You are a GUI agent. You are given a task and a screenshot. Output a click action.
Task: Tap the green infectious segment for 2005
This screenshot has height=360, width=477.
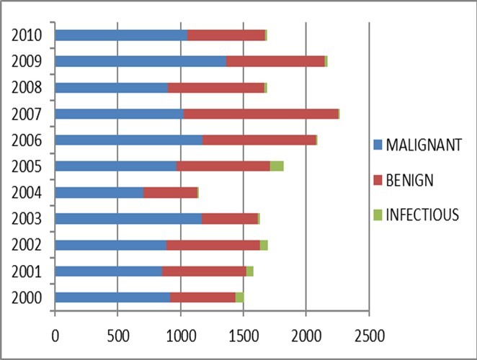click(x=277, y=166)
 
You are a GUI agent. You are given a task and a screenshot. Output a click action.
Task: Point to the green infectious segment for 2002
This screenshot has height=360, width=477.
click(x=264, y=245)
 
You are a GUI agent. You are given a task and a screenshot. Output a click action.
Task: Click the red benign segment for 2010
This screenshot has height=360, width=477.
click(x=226, y=35)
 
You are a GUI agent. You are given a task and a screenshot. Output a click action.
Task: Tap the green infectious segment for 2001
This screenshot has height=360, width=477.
click(x=250, y=271)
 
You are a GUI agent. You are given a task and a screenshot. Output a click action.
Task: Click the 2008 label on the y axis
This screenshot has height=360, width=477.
click(x=27, y=88)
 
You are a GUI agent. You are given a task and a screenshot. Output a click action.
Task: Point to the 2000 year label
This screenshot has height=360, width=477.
click(x=27, y=297)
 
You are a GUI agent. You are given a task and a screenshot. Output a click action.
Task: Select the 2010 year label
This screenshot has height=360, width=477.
click(x=27, y=35)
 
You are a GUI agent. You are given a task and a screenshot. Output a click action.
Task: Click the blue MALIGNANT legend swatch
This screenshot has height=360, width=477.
click(x=378, y=144)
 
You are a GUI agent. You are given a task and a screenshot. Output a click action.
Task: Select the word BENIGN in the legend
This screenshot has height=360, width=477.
click(x=409, y=180)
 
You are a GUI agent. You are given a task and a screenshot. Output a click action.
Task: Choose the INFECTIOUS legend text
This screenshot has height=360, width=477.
click(x=422, y=215)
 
